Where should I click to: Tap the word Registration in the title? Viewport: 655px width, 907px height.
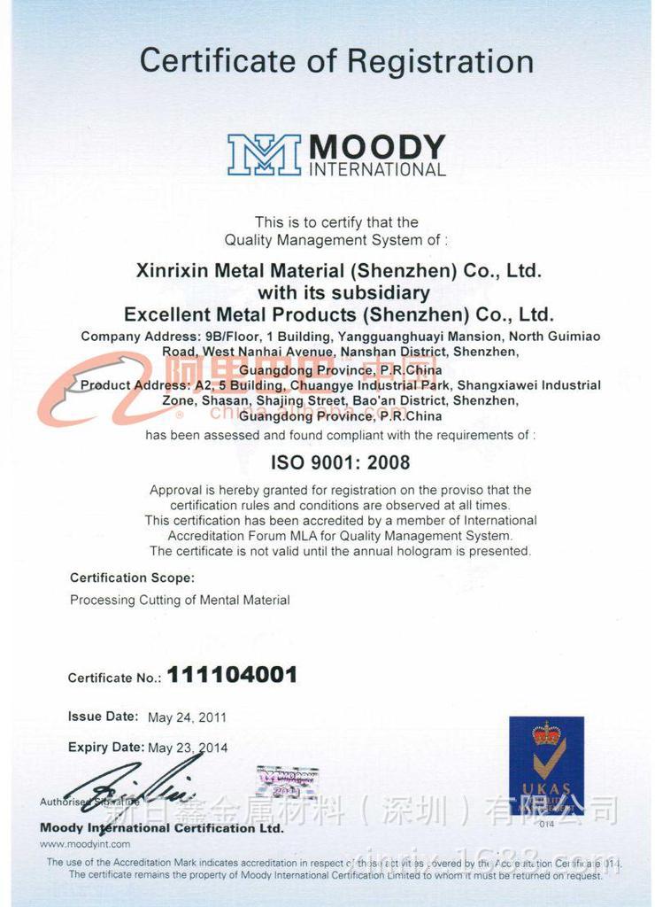coord(440,62)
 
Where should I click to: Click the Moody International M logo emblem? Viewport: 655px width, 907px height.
coord(264,154)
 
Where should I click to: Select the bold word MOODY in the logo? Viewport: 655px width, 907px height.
coord(376,147)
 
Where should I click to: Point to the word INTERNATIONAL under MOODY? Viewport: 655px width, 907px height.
coord(377,169)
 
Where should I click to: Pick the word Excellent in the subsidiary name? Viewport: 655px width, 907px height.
coord(168,314)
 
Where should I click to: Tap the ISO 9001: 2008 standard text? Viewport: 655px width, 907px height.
coord(340,461)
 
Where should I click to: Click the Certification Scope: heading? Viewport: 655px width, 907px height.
coord(132,578)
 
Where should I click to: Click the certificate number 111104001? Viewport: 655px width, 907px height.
coord(232,675)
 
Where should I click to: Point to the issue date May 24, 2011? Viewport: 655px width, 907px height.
coord(187,717)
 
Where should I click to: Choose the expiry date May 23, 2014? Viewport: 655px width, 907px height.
coord(188,748)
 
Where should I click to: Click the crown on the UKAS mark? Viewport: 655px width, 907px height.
coord(547,733)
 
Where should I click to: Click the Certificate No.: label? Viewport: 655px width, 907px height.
coord(114,678)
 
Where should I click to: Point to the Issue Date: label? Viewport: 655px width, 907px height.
coord(103,716)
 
